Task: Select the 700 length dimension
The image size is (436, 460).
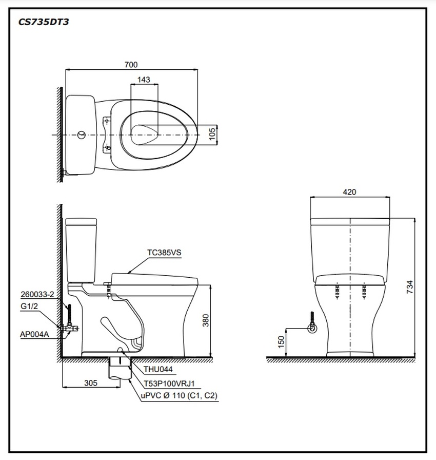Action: click(131, 65)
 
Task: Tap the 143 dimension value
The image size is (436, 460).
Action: click(144, 80)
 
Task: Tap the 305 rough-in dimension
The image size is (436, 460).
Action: click(90, 382)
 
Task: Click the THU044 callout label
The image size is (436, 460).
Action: click(158, 369)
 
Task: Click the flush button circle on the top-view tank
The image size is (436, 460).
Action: click(81, 135)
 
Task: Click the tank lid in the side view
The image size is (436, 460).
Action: click(81, 222)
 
